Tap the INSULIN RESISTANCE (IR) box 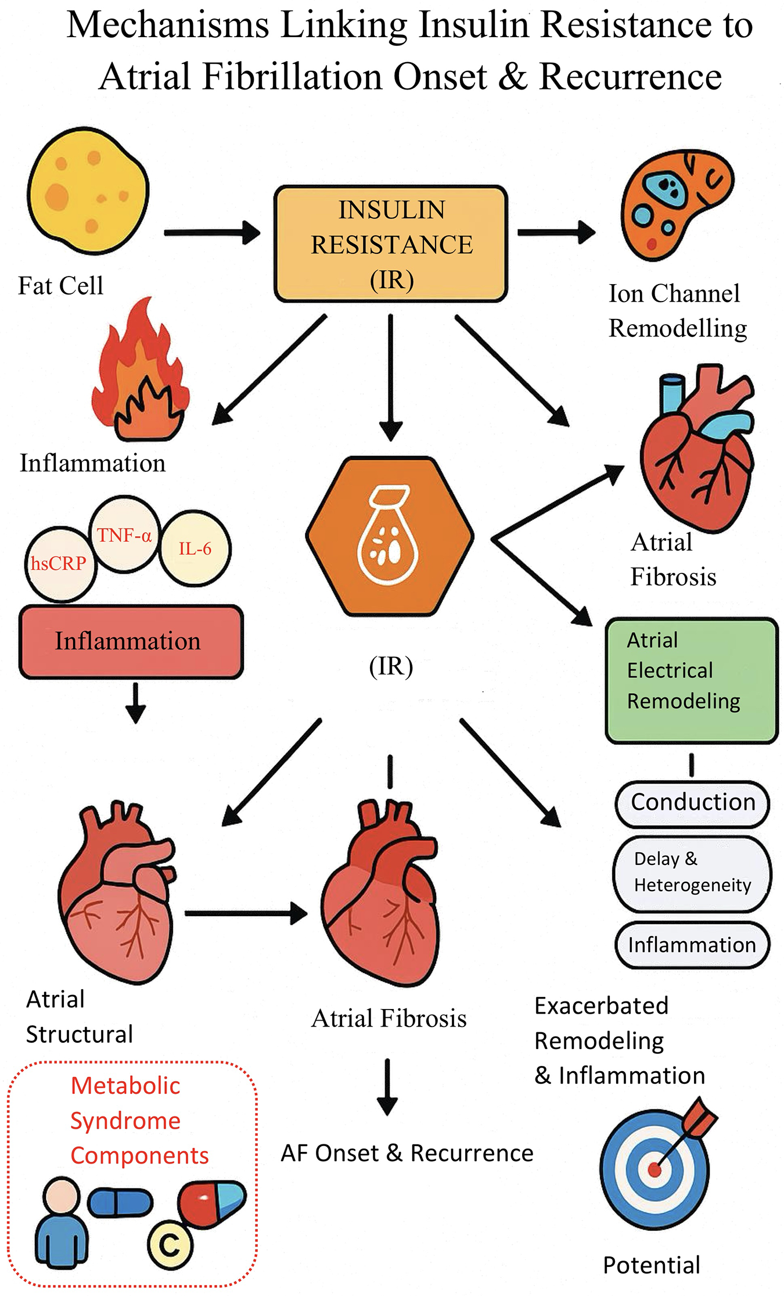pyautogui.click(x=391, y=244)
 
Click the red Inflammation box pyautogui.click(x=131, y=641)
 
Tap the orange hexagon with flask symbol pyautogui.click(x=390, y=536)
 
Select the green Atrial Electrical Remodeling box pyautogui.click(x=691, y=680)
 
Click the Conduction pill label pyautogui.click(x=692, y=803)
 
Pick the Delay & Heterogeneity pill pyautogui.click(x=692, y=873)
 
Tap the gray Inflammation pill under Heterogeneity pyautogui.click(x=692, y=945)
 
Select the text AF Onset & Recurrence pyautogui.click(x=407, y=1153)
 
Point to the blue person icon pyautogui.click(x=62, y=1223)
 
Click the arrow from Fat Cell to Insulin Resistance pyautogui.click(x=212, y=233)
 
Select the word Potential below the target pyautogui.click(x=652, y=1265)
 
